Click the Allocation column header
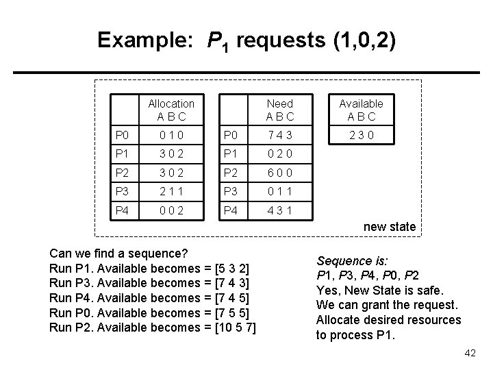point(171,110)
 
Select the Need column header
point(280,110)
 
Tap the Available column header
point(361,110)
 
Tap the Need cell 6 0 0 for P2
point(280,173)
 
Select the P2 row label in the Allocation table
point(122,173)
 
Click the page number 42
point(469,353)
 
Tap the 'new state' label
point(389,227)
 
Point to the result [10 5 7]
point(235,327)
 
